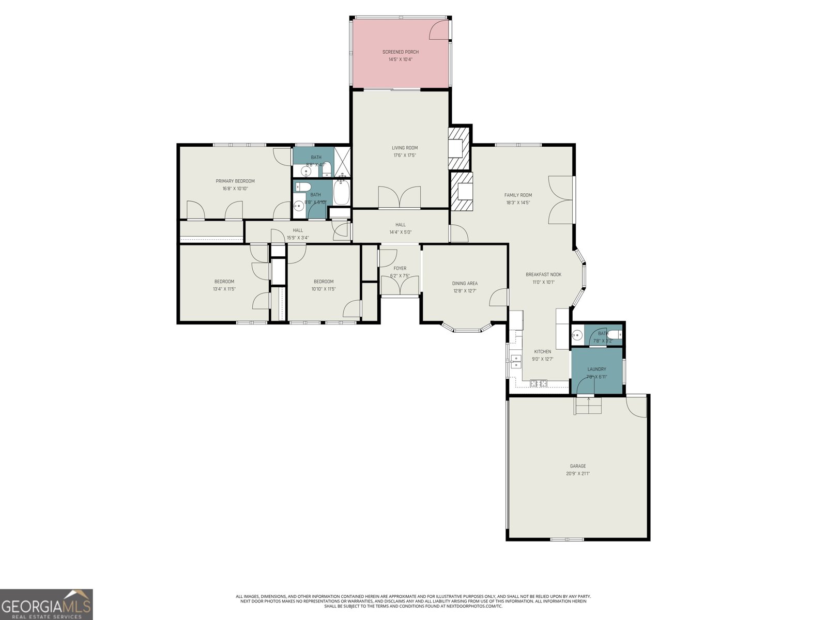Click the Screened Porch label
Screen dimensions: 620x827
point(401,52)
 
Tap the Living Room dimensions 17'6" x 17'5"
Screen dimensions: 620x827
point(404,156)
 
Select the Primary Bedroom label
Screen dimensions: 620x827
point(235,181)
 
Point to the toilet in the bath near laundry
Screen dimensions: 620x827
point(615,334)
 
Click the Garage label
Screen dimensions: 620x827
point(578,466)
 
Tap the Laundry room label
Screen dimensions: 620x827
point(596,369)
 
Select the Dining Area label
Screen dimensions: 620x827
point(465,284)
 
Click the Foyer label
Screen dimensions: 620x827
point(400,269)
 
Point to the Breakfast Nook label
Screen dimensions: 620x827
point(543,275)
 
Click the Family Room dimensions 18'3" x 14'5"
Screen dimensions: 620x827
point(518,203)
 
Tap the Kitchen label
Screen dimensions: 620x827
point(542,352)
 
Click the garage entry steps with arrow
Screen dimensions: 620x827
point(589,406)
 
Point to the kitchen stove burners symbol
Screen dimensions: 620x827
point(539,383)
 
